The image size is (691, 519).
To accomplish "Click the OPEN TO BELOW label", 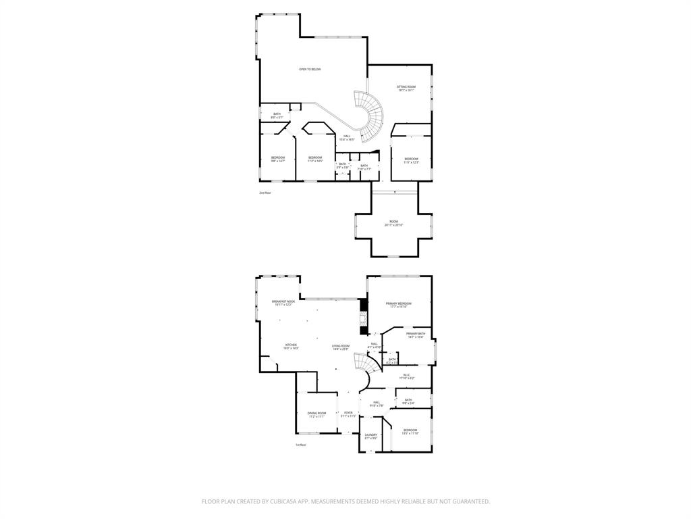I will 310,70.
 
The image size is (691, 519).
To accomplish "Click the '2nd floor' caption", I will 265,193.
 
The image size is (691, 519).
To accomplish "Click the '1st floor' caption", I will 300,445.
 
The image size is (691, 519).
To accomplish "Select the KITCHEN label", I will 291,346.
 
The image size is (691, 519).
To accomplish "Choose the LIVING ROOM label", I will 341,347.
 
